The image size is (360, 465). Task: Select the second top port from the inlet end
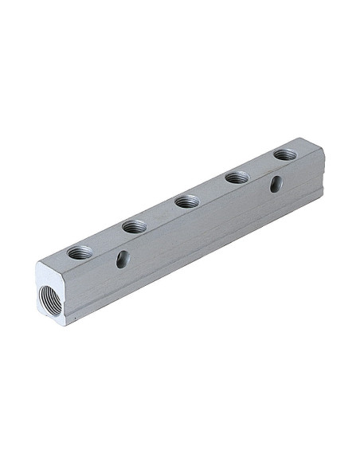coord(133,228)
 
